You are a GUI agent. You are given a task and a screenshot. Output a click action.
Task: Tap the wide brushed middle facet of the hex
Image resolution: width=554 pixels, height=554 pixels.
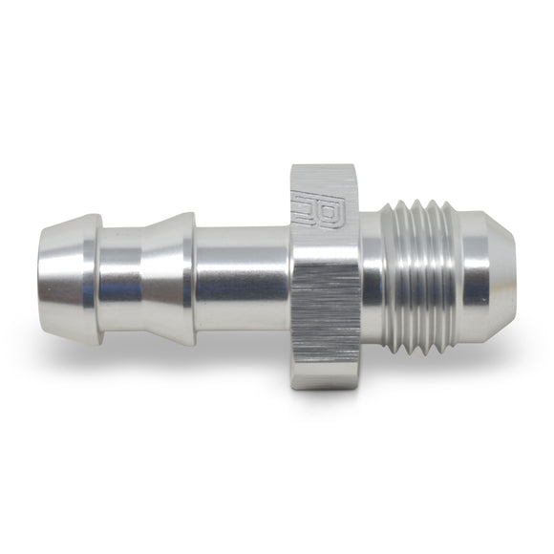coord(325,277)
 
